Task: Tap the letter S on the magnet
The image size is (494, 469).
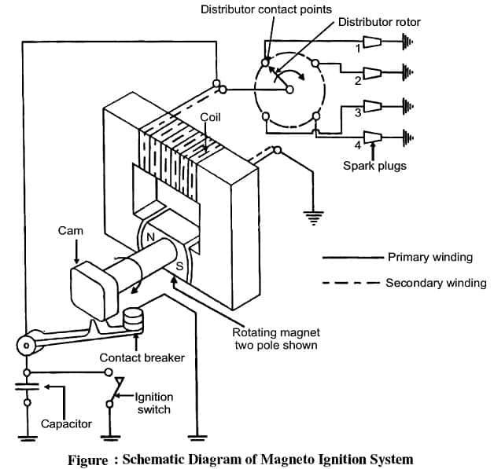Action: click(x=179, y=266)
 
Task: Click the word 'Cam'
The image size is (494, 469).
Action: click(x=70, y=231)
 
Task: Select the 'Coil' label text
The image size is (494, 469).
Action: click(x=210, y=117)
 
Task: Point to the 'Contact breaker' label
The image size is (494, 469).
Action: click(x=142, y=357)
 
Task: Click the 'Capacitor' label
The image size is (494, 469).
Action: click(x=67, y=423)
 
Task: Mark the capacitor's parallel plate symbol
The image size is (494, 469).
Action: click(x=28, y=387)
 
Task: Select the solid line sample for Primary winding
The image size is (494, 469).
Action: click(x=351, y=257)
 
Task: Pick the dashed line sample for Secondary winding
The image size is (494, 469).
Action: click(x=349, y=283)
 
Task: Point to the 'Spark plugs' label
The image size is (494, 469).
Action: click(x=374, y=166)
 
